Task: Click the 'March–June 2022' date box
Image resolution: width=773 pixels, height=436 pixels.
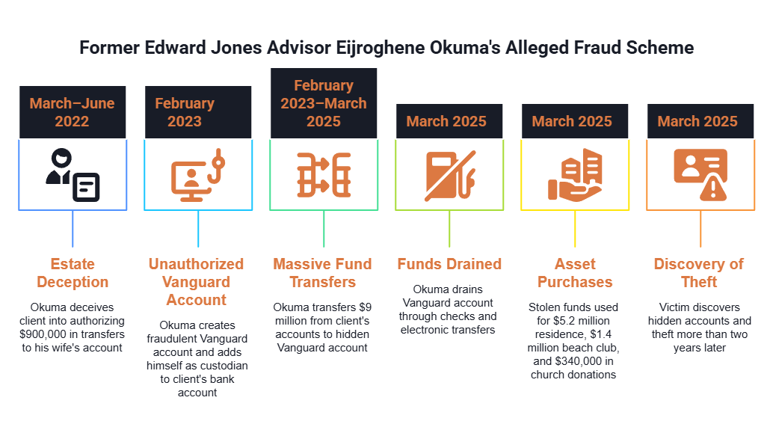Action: (73, 112)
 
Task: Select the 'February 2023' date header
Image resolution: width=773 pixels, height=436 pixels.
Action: (198, 112)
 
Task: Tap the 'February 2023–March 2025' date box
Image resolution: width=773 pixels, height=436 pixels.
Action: (324, 103)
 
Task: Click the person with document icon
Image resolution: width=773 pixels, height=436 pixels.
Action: (73, 175)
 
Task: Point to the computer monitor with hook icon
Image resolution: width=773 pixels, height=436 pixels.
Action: (198, 175)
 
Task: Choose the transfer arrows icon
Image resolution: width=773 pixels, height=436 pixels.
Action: (324, 175)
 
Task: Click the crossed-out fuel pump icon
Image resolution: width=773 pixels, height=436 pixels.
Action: (449, 176)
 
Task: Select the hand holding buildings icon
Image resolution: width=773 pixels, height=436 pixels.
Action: (575, 175)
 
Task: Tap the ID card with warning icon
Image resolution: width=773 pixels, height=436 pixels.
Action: (700, 174)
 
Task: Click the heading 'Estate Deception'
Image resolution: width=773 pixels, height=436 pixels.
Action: (73, 273)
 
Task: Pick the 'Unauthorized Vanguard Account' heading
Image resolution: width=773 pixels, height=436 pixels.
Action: (196, 282)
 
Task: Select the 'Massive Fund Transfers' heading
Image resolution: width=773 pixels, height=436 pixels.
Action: (322, 273)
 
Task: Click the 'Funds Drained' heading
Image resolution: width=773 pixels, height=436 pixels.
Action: (449, 264)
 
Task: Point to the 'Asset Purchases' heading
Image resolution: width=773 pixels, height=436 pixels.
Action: (575, 273)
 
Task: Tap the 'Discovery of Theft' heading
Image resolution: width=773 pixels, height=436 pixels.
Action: (699, 273)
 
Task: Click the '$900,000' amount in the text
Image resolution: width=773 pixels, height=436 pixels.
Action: (43, 334)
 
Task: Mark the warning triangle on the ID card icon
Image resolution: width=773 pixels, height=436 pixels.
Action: (713, 188)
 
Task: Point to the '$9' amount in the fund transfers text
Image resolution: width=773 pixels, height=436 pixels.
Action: (366, 307)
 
